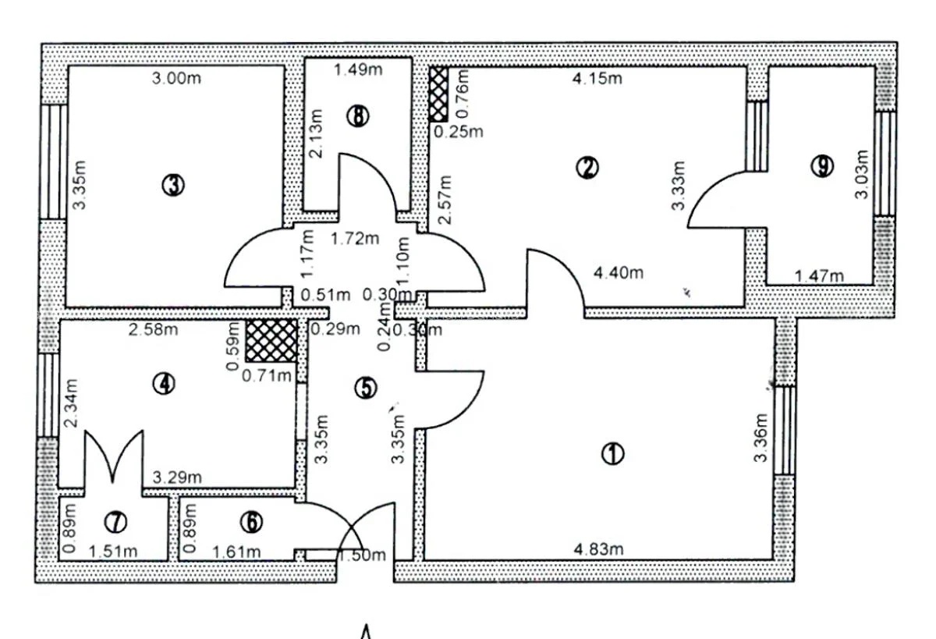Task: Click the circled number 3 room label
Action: pyautogui.click(x=173, y=185)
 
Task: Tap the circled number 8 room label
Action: pyautogui.click(x=358, y=116)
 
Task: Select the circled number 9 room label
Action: pyautogui.click(x=822, y=166)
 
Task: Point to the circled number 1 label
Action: pyautogui.click(x=613, y=453)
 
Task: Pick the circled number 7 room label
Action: pyautogui.click(x=115, y=522)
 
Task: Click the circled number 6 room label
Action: pyautogui.click(x=251, y=522)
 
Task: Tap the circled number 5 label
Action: pyautogui.click(x=366, y=388)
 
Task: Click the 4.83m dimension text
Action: pyautogui.click(x=598, y=549)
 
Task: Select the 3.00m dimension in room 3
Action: pyautogui.click(x=176, y=78)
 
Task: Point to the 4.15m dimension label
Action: pyautogui.click(x=597, y=78)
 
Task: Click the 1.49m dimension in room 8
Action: pyautogui.click(x=358, y=69)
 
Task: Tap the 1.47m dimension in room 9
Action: pyautogui.click(x=819, y=276)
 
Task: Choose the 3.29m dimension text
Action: pyautogui.click(x=177, y=477)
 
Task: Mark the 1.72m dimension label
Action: pyautogui.click(x=355, y=239)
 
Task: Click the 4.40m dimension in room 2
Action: pyautogui.click(x=619, y=273)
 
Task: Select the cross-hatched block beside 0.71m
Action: pyautogui.click(x=271, y=341)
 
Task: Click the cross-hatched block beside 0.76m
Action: pyautogui.click(x=438, y=95)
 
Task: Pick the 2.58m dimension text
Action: pyautogui.click(x=153, y=330)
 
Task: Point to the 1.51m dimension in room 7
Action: pyautogui.click(x=113, y=552)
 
